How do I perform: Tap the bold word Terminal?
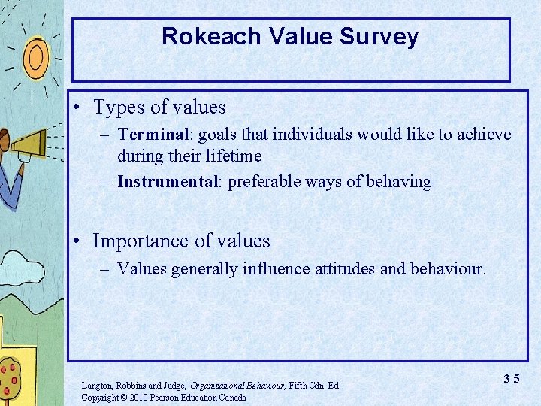(x=153, y=135)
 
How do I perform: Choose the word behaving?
(x=397, y=182)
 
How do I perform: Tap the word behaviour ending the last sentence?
(x=448, y=268)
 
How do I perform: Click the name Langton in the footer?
(x=98, y=386)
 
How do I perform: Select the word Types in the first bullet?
(x=117, y=108)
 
